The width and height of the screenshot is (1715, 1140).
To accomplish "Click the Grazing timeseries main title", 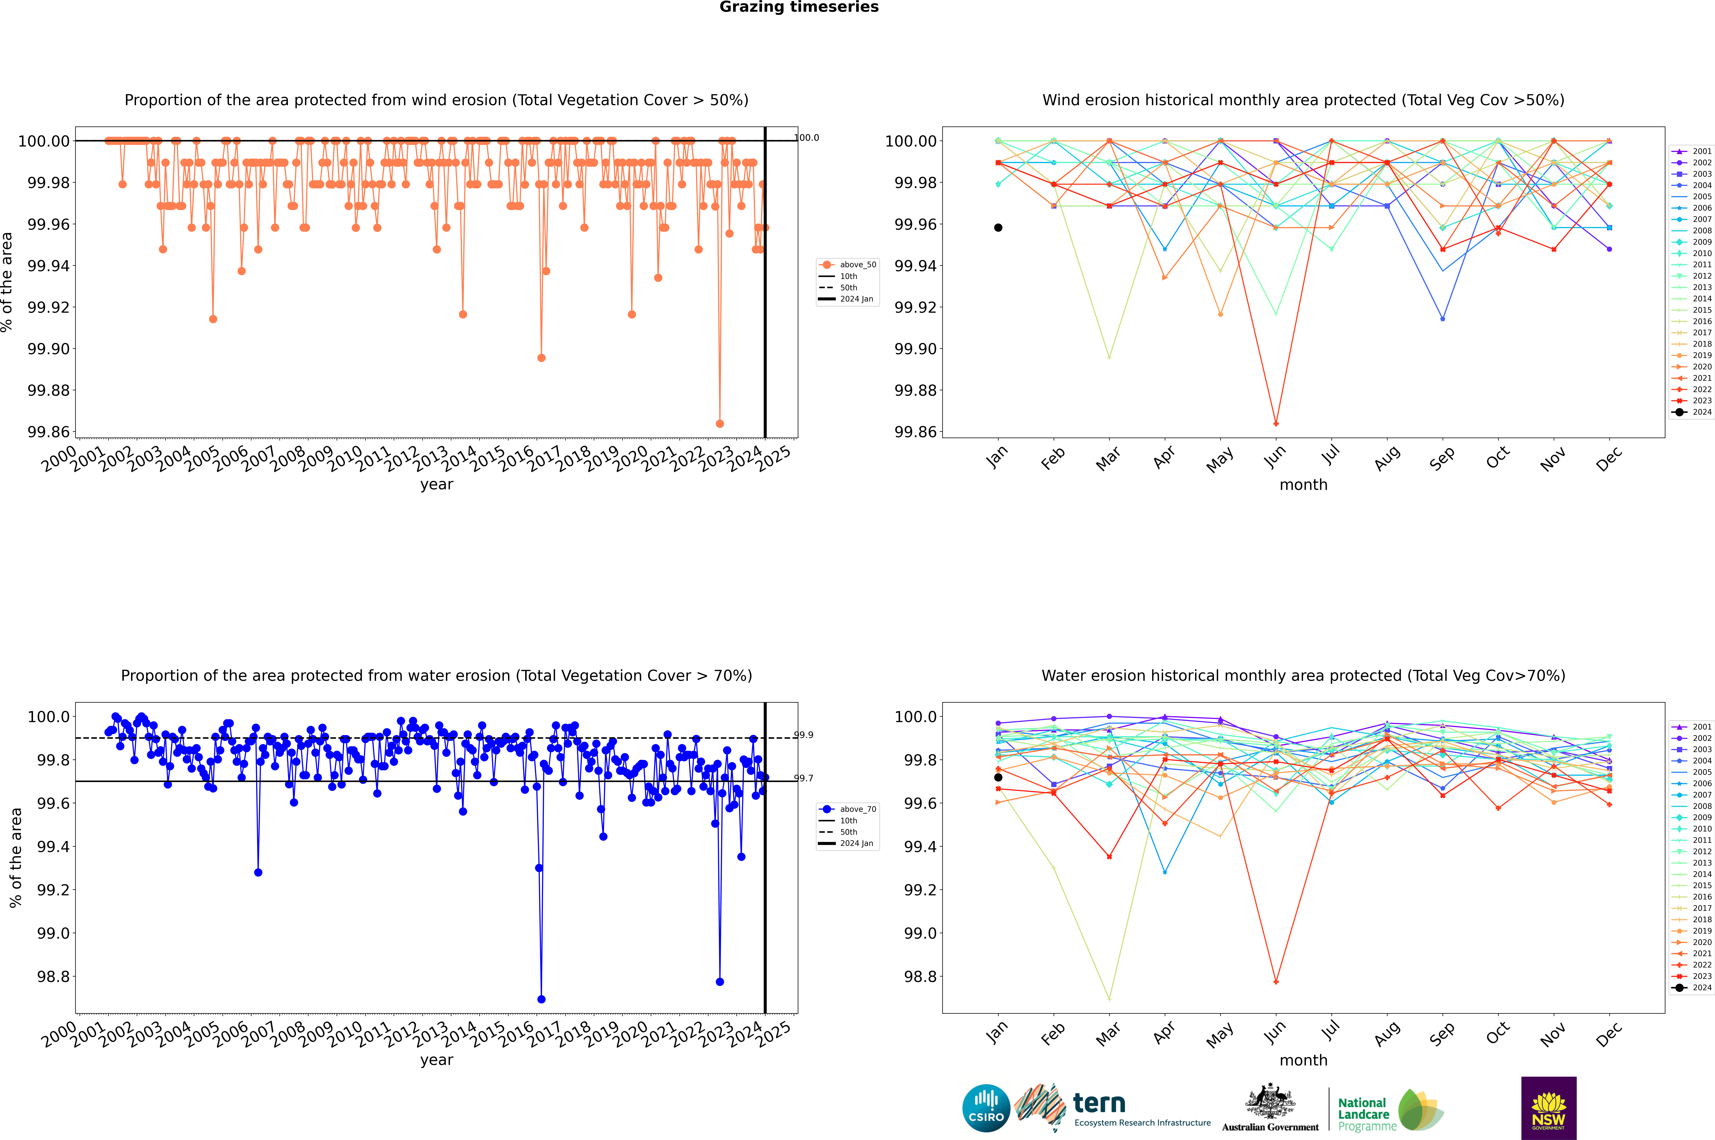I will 799,7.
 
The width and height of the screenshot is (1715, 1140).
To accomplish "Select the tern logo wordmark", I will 1099,1104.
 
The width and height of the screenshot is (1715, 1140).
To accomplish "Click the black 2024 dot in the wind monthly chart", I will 998,228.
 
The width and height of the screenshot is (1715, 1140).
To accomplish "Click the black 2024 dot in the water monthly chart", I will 998,777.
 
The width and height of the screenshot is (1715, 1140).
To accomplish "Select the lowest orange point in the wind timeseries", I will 720,424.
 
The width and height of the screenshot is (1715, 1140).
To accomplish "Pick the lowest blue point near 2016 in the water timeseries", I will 541,1000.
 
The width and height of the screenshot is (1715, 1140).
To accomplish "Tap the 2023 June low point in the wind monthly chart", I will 1276,424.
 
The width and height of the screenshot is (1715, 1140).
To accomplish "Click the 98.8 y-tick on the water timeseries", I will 54,976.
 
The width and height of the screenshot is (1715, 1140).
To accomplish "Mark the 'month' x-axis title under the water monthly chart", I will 1303,1060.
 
